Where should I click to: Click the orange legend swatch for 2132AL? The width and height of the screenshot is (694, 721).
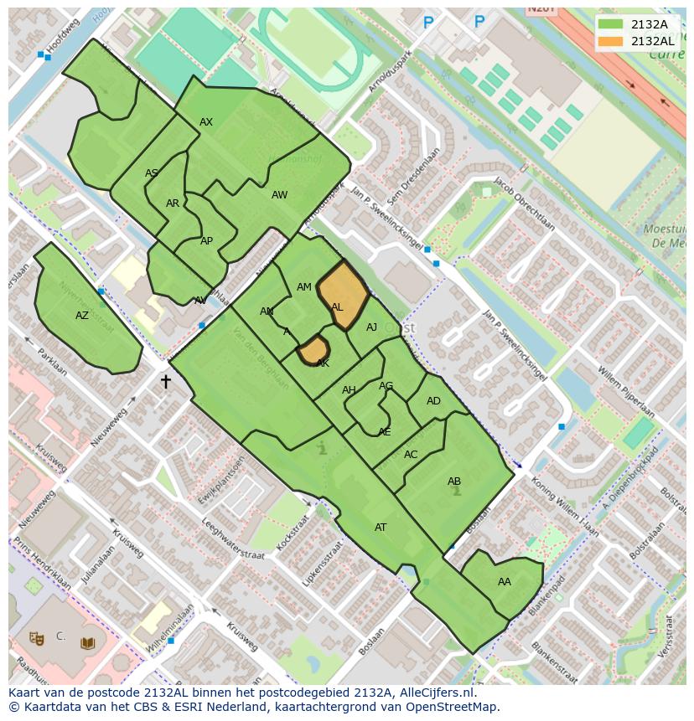pos(611,41)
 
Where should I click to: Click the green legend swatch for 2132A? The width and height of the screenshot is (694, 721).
pos(611,24)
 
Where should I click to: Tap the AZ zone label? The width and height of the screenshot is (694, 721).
pos(82,316)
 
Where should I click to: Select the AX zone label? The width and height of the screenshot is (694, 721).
pos(206,122)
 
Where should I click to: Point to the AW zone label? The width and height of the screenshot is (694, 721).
pos(279,195)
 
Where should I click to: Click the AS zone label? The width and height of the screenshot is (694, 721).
pos(152,173)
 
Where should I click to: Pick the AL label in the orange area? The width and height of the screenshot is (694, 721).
pos(337,307)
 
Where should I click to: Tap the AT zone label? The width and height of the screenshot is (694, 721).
pos(381,528)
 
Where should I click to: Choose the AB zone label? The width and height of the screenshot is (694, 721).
pos(454,482)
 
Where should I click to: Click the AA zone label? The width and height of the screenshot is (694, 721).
pos(505,582)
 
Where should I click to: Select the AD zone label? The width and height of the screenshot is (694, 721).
pos(433,401)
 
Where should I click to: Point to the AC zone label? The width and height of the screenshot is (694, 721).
pos(411,455)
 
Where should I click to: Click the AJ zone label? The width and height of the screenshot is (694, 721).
pos(372,327)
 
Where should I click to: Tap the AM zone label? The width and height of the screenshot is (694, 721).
pos(304,287)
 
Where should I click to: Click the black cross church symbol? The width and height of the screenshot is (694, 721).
pos(166,382)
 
